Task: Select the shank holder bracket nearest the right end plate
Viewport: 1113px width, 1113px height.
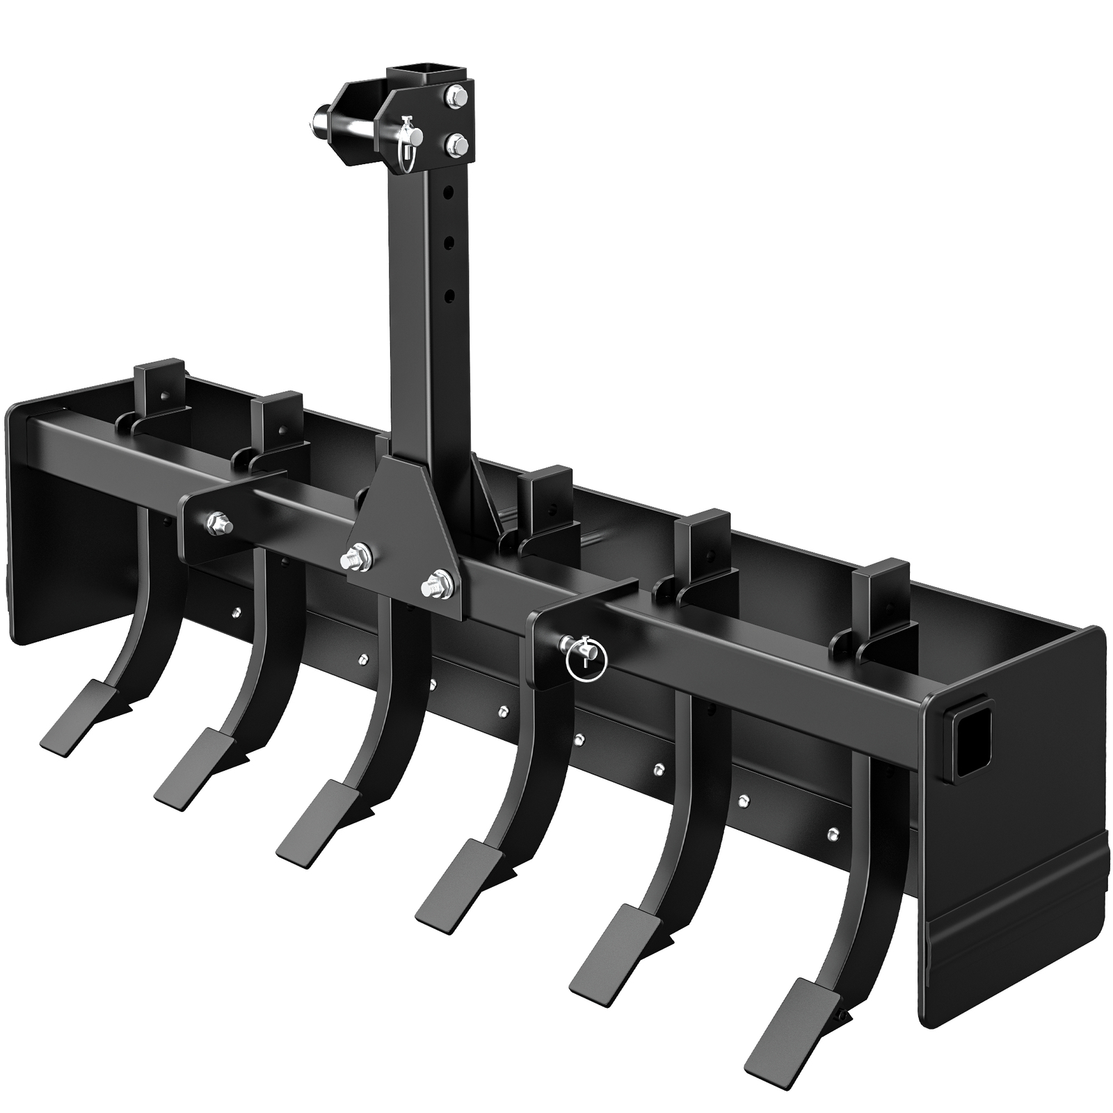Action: point(877,611)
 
